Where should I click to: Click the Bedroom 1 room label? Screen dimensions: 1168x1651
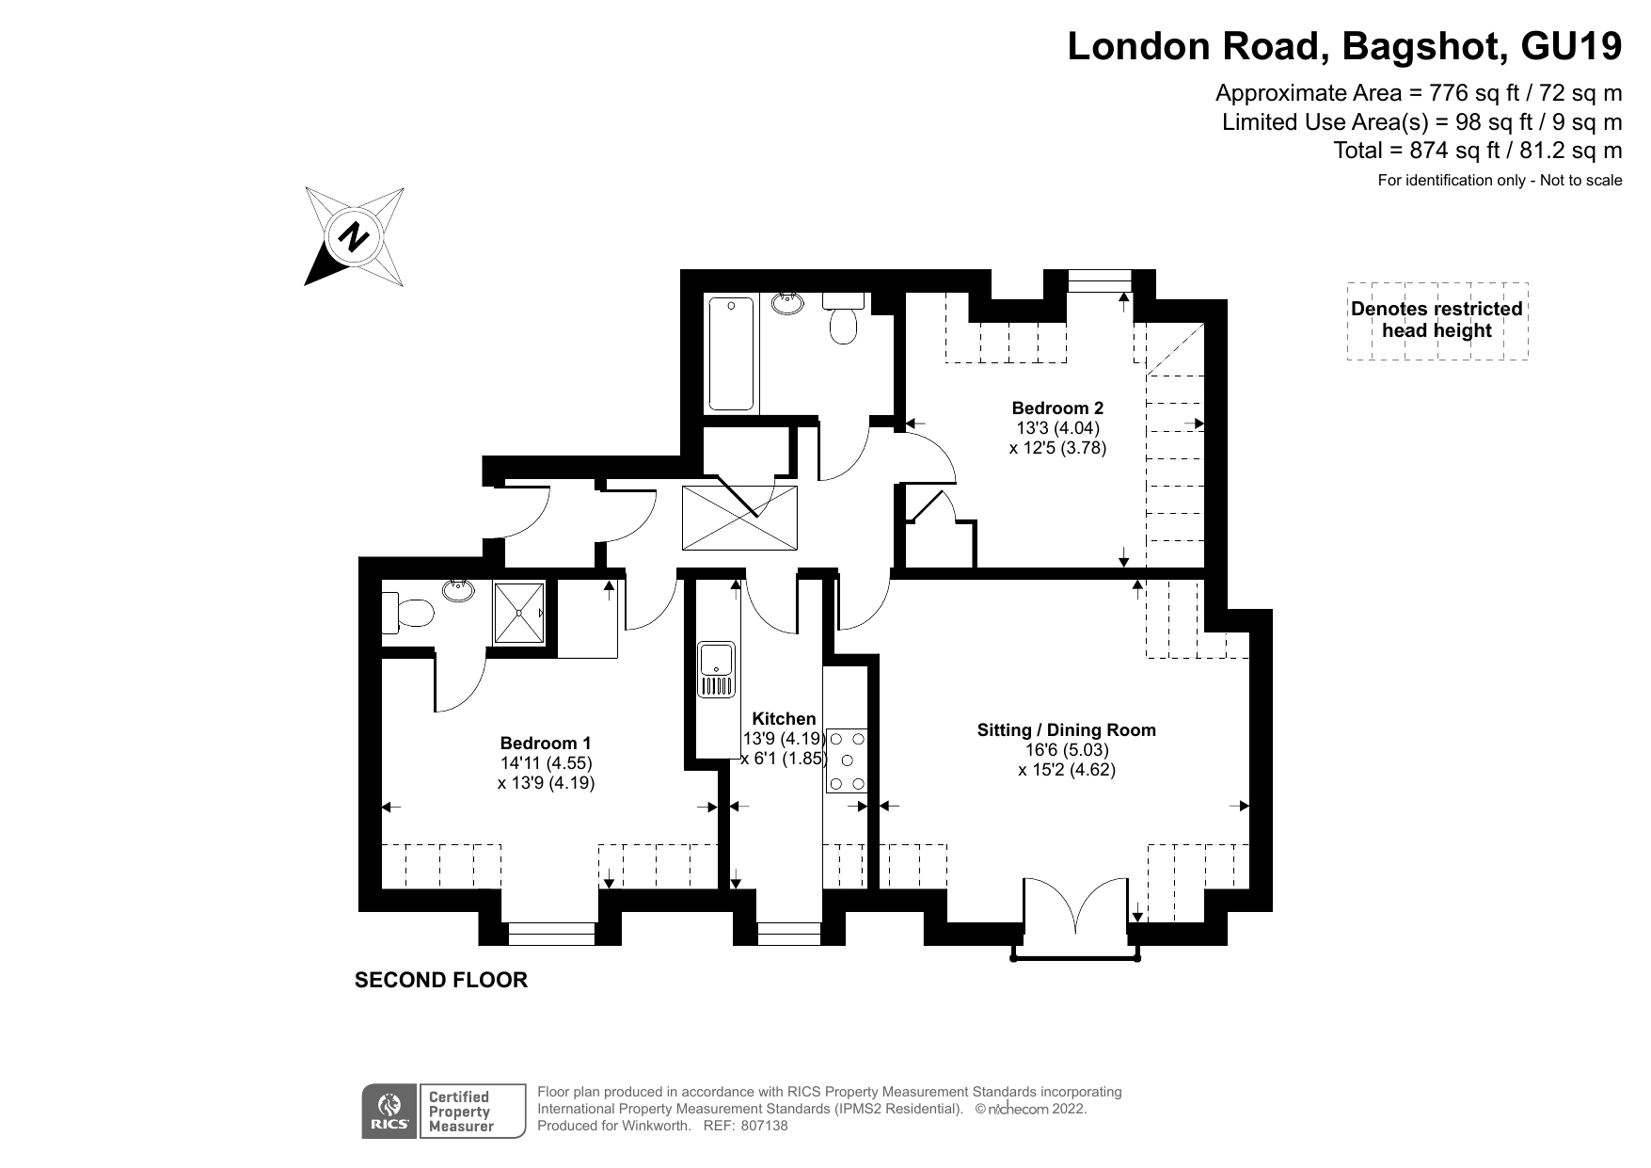pos(545,743)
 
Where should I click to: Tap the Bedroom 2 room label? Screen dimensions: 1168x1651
pos(1056,408)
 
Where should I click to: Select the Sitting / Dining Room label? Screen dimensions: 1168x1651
pos(1066,729)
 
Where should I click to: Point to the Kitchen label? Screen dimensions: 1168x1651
pos(784,719)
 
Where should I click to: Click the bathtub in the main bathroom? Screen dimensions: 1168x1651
pos(731,354)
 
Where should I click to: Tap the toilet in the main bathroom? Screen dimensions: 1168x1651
pos(843,325)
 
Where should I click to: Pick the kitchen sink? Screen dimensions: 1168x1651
pos(717,669)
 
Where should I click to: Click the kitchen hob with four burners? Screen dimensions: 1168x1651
pos(848,760)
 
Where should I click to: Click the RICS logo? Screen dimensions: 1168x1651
pos(389,1112)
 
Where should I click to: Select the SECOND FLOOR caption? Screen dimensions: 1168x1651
pos(440,981)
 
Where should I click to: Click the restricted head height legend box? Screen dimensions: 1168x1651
pos(1437,320)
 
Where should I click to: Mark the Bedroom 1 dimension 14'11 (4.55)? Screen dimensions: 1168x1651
pos(546,763)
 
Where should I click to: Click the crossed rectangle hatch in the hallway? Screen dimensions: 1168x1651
pos(739,517)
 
